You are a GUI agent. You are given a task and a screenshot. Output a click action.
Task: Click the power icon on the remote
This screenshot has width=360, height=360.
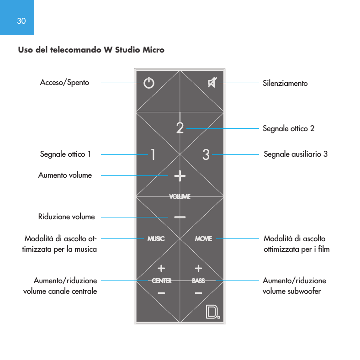click(x=149, y=83)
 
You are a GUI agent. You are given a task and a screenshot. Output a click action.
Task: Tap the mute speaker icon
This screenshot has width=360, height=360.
click(x=212, y=83)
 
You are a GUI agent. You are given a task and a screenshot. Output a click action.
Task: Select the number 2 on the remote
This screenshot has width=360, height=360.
click(x=180, y=127)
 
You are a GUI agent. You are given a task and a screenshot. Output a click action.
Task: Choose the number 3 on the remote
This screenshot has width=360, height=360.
click(x=206, y=155)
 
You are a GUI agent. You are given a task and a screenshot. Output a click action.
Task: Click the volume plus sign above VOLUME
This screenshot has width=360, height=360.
click(x=180, y=175)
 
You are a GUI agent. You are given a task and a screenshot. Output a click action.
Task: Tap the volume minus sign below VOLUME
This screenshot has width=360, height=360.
click(x=180, y=217)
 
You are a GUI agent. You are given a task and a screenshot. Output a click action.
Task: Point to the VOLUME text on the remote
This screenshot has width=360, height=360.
click(x=180, y=196)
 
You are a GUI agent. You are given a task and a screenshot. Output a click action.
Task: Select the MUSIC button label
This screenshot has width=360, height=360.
click(x=156, y=238)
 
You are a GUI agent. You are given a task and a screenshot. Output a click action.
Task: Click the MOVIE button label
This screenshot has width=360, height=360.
click(x=204, y=238)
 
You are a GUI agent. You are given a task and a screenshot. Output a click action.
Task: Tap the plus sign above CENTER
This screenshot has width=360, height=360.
click(x=161, y=268)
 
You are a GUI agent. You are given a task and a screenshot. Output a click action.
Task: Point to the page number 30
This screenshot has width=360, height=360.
click(x=21, y=21)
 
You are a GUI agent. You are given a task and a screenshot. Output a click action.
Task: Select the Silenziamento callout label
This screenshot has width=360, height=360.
click(x=285, y=83)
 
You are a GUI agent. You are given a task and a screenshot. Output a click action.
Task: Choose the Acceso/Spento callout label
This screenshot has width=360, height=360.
click(x=64, y=83)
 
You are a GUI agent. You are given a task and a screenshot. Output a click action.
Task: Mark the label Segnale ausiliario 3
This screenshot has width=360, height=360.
click(x=296, y=154)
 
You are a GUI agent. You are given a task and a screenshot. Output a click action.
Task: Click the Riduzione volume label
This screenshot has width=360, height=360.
click(x=66, y=217)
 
